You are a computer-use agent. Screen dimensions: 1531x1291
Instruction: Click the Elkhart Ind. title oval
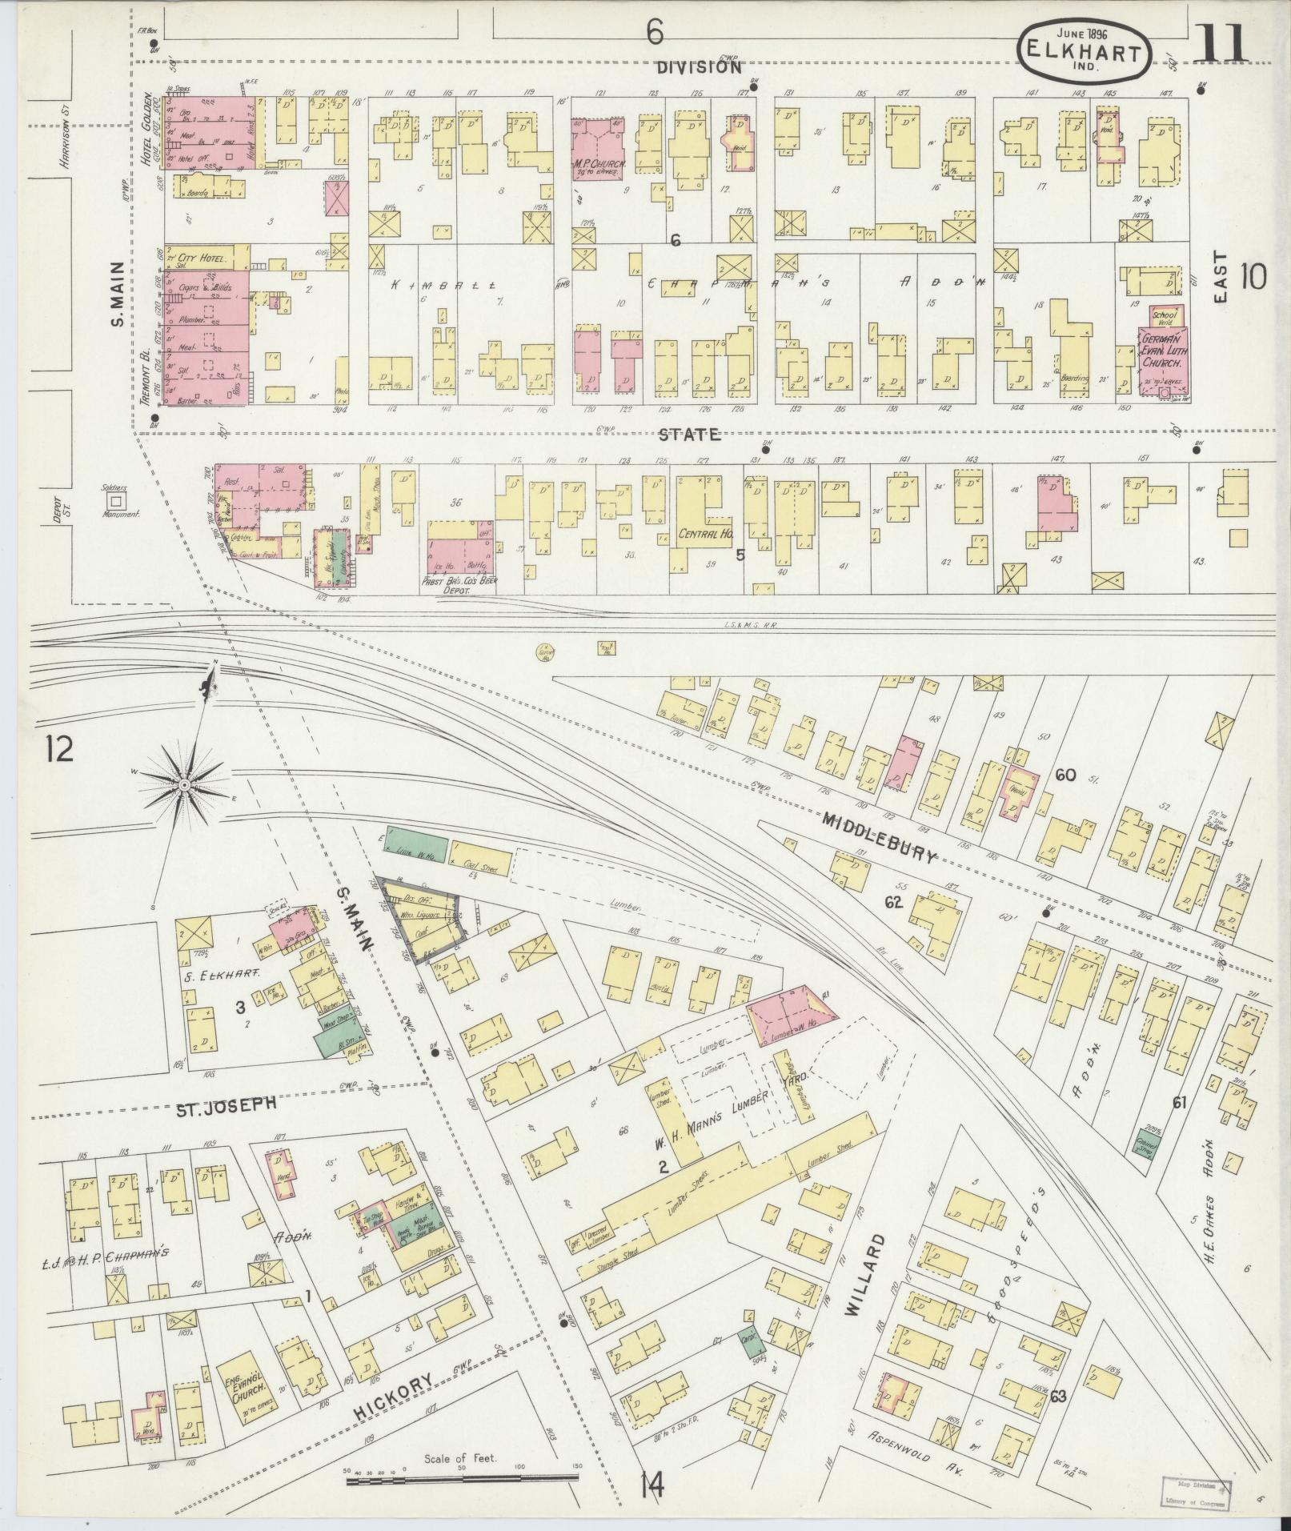click(1085, 50)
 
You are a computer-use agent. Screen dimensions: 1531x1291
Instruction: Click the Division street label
click(699, 67)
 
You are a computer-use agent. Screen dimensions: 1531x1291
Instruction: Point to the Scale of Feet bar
click(462, 1482)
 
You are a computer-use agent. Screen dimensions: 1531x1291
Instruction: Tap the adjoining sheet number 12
click(59, 750)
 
